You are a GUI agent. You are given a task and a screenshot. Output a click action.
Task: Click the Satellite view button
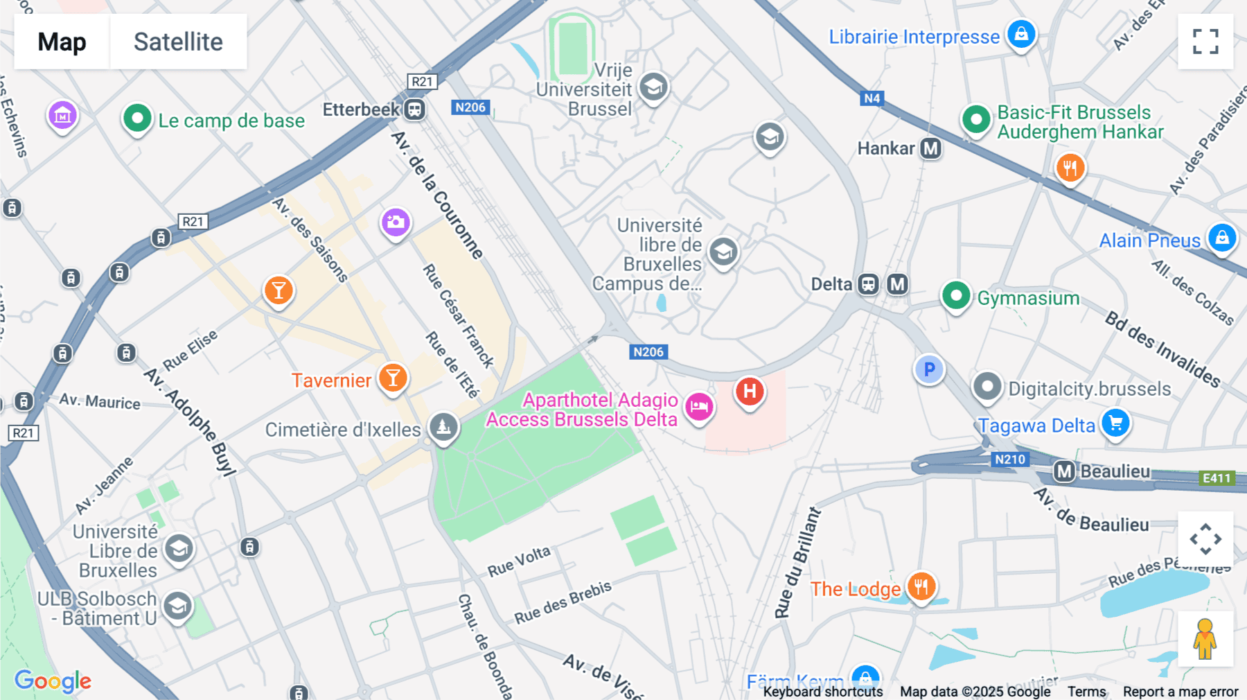[x=178, y=42]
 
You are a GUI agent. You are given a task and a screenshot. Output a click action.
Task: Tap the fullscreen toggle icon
[x=1205, y=42]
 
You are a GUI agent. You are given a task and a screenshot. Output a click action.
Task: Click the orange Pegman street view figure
[x=1205, y=638]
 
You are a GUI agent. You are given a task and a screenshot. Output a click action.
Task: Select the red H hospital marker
[x=749, y=392]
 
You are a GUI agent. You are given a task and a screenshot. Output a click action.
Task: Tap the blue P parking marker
[x=929, y=370]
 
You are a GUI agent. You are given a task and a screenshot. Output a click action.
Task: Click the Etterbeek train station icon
[x=414, y=110]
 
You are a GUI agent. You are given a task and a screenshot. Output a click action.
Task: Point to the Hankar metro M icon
[x=930, y=148]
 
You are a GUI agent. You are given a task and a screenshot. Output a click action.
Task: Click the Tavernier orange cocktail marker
[x=393, y=378]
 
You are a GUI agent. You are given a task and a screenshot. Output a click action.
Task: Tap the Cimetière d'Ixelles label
[x=343, y=430]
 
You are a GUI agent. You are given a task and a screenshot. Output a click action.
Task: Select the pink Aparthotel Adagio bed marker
[x=699, y=406]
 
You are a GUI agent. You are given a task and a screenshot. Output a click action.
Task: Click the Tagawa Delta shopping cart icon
[x=1115, y=422]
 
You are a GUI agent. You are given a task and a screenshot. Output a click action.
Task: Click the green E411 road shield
[x=1216, y=478]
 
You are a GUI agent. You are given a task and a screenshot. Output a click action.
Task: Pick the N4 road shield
[x=872, y=98]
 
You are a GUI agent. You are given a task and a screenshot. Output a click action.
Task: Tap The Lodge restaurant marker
[x=921, y=586]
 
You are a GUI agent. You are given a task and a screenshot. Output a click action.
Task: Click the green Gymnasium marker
[x=956, y=296]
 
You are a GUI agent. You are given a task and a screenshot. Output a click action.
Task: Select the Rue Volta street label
[x=519, y=561]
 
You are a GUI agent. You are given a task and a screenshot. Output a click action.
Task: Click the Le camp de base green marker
[x=137, y=119]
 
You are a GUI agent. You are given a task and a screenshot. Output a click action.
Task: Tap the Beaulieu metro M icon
[x=1063, y=472]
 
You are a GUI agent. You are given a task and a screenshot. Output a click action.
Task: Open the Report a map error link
[x=1180, y=692]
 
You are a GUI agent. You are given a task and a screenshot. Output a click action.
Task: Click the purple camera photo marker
[x=396, y=222]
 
